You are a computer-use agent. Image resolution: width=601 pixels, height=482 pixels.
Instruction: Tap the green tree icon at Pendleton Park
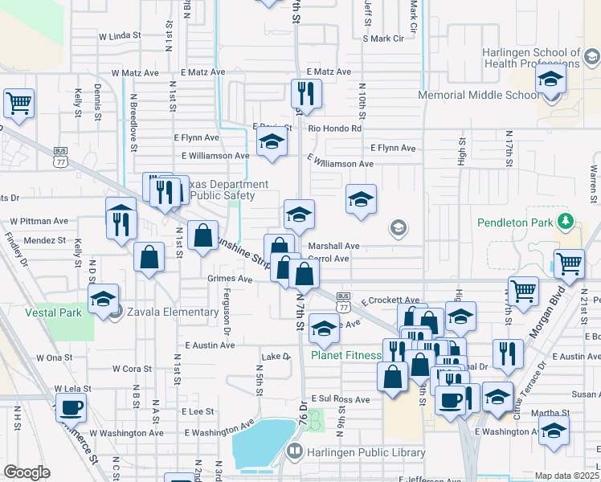(x=568, y=220)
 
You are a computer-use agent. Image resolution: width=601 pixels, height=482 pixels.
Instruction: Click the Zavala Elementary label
(x=167, y=312)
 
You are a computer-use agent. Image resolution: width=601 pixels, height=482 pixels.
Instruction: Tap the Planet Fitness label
(x=345, y=355)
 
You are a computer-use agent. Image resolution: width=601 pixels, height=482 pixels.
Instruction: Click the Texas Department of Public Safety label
(x=216, y=190)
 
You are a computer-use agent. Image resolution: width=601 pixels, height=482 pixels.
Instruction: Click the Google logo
(x=27, y=472)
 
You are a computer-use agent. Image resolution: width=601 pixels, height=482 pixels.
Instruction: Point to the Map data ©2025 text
(x=566, y=476)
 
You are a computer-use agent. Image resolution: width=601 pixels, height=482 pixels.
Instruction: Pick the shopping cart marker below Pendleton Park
(x=568, y=263)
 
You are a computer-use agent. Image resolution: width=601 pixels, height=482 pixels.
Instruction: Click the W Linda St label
(x=120, y=36)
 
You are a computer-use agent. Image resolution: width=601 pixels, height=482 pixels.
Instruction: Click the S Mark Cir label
(x=382, y=38)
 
